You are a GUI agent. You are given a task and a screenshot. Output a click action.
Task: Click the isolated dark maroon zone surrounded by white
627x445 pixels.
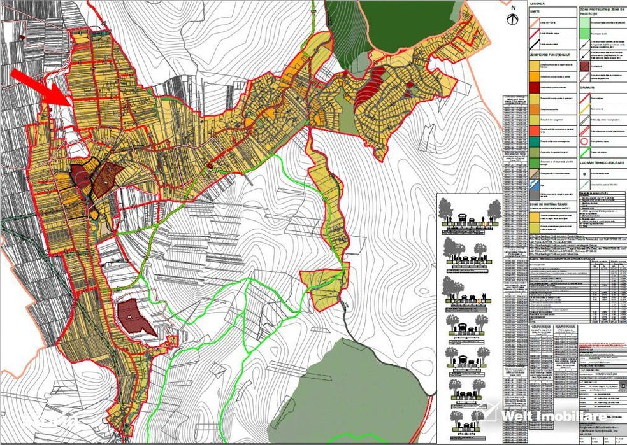(x=134, y=315)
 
